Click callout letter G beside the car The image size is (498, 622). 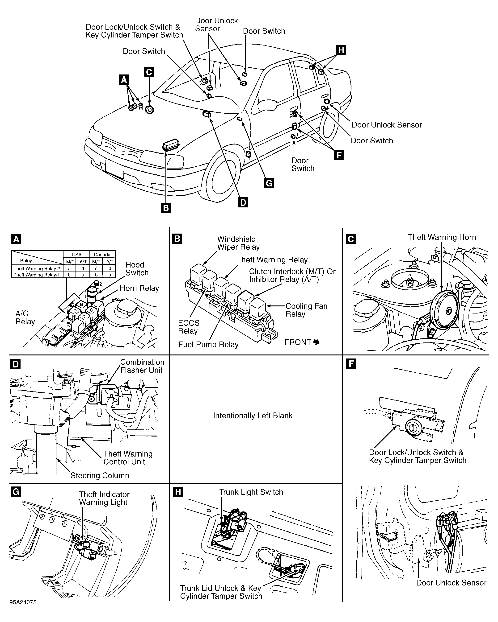point(269,183)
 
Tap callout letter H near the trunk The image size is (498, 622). point(341,50)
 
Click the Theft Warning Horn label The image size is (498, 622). point(442,237)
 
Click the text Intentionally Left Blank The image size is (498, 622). point(253,416)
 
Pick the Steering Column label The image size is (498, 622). point(100,476)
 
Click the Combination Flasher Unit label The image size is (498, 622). point(142,366)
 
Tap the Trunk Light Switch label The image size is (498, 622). point(251,492)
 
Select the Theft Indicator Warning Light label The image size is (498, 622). point(104,498)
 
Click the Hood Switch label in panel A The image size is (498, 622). point(137,269)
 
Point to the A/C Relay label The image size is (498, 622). point(25,318)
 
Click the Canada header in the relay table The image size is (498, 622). point(102,255)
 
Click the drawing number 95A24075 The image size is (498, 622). point(23,602)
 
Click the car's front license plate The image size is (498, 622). point(115,169)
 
